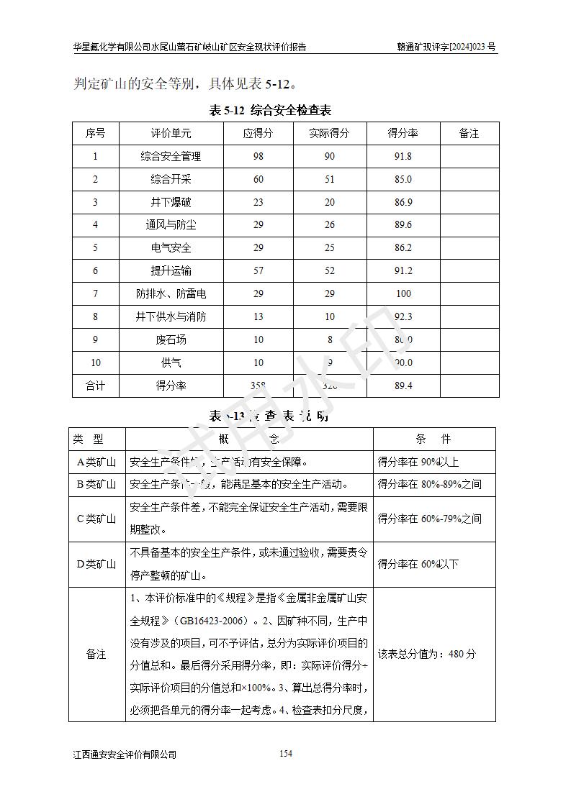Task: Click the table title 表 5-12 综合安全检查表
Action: (x=269, y=110)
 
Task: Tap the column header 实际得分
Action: (x=329, y=133)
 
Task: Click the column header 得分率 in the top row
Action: (x=403, y=133)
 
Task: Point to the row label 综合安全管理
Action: (x=171, y=156)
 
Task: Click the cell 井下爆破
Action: (x=171, y=202)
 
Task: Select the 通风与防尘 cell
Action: (x=171, y=225)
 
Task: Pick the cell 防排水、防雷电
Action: (x=171, y=293)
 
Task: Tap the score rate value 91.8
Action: (x=403, y=156)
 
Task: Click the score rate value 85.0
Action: (x=403, y=179)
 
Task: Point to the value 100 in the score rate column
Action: (x=403, y=293)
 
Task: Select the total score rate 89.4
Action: (x=403, y=386)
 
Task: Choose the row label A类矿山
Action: (x=96, y=462)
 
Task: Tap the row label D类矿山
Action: (x=96, y=564)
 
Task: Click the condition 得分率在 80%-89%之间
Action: (x=429, y=485)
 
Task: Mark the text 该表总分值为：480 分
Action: (x=426, y=654)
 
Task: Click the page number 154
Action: (x=285, y=753)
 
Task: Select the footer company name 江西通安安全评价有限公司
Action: (x=125, y=754)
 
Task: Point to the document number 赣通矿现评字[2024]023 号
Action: (x=446, y=47)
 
